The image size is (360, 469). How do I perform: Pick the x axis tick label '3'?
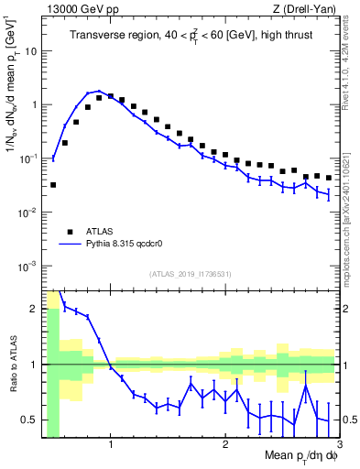[340, 446]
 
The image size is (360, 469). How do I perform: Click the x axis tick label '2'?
[225, 446]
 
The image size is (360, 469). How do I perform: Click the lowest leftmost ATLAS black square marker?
[53, 185]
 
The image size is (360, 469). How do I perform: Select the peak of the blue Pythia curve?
[99, 92]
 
